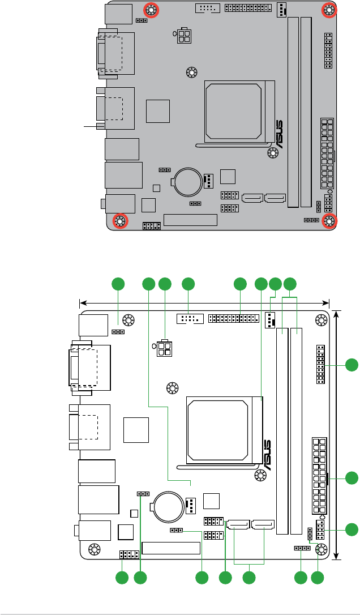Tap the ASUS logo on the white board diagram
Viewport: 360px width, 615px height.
[x=265, y=455]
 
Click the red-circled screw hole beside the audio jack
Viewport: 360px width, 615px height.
[x=119, y=220]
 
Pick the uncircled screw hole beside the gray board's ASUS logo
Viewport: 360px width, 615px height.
[x=272, y=153]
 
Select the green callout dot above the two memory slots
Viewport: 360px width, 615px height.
[x=290, y=284]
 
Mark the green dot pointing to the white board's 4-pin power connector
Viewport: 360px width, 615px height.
[x=165, y=284]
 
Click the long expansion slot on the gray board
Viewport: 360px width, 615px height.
[x=190, y=220]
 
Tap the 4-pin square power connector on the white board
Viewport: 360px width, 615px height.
[x=165, y=347]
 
